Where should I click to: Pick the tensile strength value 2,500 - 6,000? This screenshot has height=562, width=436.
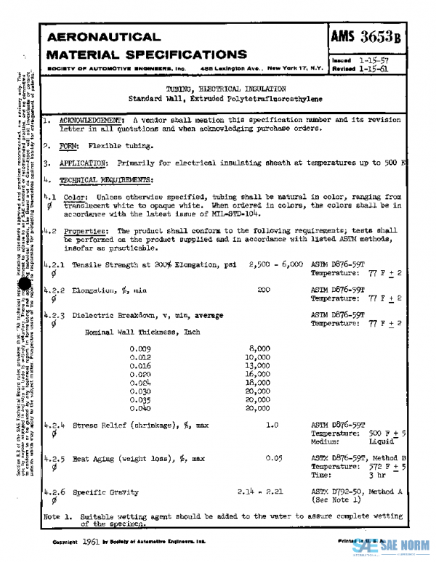[275, 266]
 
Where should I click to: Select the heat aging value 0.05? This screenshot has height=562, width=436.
[273, 459]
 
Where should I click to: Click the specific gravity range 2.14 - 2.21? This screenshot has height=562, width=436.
[259, 492]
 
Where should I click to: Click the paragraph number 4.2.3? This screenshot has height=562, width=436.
[54, 315]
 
